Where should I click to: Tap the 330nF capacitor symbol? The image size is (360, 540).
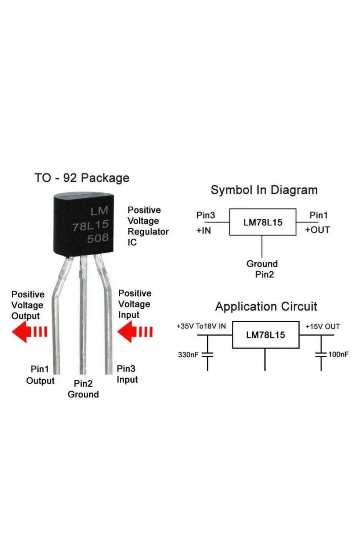[207, 354]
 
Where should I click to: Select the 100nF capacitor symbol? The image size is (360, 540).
[321, 354]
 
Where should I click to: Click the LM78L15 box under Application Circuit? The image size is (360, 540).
[265, 335]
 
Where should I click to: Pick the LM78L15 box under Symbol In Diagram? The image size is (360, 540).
[262, 222]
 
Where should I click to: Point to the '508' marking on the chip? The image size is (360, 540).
[98, 238]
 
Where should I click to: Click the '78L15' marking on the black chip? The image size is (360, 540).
[91, 225]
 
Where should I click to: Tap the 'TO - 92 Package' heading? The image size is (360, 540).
[82, 178]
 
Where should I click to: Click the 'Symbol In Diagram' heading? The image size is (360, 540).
[264, 190]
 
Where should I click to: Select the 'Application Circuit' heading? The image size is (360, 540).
[266, 307]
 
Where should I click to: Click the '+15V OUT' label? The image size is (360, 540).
[323, 327]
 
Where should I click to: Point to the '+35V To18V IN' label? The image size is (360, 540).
[201, 326]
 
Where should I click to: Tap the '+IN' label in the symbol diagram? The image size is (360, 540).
[204, 231]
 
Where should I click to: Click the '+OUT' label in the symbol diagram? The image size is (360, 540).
[318, 230]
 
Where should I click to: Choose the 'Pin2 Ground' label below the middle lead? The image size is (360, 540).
[83, 389]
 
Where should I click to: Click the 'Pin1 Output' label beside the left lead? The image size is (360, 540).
[40, 375]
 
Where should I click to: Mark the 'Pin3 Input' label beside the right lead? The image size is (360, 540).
[127, 374]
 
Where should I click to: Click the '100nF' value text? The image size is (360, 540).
[338, 354]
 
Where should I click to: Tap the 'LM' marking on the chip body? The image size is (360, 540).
[99, 211]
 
